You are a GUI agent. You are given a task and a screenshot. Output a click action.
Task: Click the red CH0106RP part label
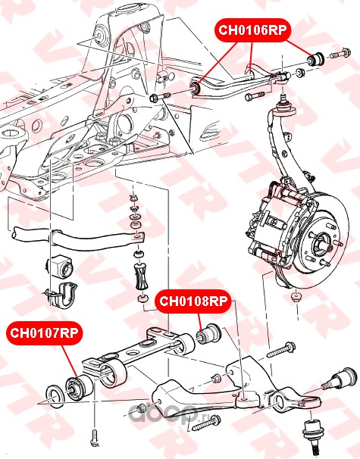pyautogui.click(x=252, y=30)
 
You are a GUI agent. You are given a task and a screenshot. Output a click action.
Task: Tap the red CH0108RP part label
pyautogui.click(x=193, y=301)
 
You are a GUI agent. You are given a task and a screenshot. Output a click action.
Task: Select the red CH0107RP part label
pyautogui.click(x=44, y=333)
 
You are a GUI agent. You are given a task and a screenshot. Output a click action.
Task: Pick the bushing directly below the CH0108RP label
pyautogui.click(x=209, y=334)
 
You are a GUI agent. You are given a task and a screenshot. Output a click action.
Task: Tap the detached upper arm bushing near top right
pyautogui.click(x=315, y=59)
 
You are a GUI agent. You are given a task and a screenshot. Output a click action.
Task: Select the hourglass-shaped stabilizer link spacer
pyautogui.click(x=141, y=277)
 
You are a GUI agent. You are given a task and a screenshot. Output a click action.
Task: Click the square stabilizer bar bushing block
pyautogui.click(x=61, y=267)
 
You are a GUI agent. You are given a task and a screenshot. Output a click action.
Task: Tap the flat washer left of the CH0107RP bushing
pyautogui.click(x=53, y=396)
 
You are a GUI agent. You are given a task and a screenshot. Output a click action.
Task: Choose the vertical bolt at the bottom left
pyautogui.click(x=95, y=438)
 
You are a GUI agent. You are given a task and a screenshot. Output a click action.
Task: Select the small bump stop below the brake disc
pyautogui.click(x=296, y=297)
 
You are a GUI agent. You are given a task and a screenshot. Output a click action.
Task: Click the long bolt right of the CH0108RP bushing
pyautogui.click(x=280, y=349)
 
